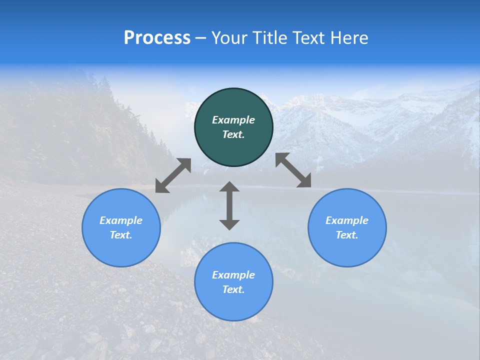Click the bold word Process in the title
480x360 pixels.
point(157,38)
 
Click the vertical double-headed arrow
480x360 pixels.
point(229,205)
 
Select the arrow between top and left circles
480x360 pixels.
point(173,175)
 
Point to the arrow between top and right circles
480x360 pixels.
point(293,170)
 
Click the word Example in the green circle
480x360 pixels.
point(233,120)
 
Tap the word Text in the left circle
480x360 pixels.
point(121,235)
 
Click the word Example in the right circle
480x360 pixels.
point(347,220)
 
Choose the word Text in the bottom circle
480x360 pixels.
point(233,289)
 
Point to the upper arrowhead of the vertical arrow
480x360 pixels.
point(229,186)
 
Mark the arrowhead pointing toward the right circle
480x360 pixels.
point(304,181)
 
